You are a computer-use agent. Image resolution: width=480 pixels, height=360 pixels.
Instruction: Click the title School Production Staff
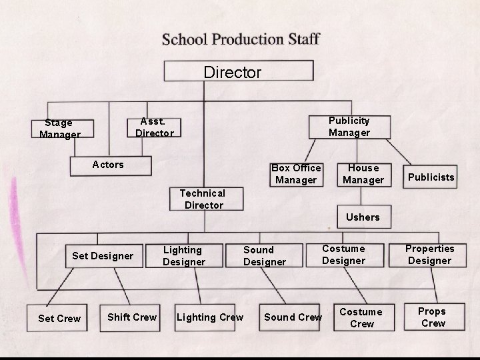pyautogui.click(x=241, y=38)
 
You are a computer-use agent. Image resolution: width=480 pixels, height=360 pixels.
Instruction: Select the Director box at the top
pyautogui.click(x=239, y=71)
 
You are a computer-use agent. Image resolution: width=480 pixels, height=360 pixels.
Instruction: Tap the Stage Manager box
pyautogui.click(x=60, y=128)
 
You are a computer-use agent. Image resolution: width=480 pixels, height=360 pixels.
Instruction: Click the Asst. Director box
pyautogui.click(x=155, y=127)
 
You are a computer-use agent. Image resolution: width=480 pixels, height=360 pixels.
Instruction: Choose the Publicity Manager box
pyautogui.click(x=349, y=127)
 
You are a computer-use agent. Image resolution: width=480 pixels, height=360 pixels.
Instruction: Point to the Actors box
pyautogui.click(x=108, y=165)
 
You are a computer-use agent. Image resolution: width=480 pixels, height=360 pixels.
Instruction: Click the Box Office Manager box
pyautogui.click(x=296, y=174)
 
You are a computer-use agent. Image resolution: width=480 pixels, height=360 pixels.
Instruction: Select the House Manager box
pyautogui.click(x=363, y=174)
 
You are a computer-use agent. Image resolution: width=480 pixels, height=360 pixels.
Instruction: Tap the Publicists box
pyautogui.click(x=431, y=177)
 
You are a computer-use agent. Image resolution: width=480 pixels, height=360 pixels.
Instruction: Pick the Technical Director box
pyautogui.click(x=203, y=199)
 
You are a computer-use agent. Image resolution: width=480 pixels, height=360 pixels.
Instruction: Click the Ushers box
pyautogui.click(x=363, y=217)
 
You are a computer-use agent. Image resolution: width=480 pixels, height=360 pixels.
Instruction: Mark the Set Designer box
pyautogui.click(x=103, y=255)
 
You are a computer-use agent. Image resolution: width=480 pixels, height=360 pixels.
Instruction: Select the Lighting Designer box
pyautogui.click(x=183, y=255)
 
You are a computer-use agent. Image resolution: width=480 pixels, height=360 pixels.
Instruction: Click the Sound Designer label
pyautogui.click(x=264, y=256)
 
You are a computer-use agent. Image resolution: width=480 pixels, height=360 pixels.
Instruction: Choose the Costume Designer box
pyautogui.click(x=343, y=255)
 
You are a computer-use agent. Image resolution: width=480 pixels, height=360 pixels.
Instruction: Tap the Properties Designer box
pyautogui.click(x=429, y=255)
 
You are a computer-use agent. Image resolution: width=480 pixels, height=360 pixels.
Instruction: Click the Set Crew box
pyautogui.click(x=59, y=318)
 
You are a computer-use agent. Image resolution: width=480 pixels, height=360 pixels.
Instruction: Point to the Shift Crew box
pyautogui.click(x=132, y=317)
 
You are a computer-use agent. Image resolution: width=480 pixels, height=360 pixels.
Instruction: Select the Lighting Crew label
pyautogui.click(x=210, y=317)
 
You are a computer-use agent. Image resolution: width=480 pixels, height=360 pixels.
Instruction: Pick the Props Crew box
pyautogui.click(x=433, y=317)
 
